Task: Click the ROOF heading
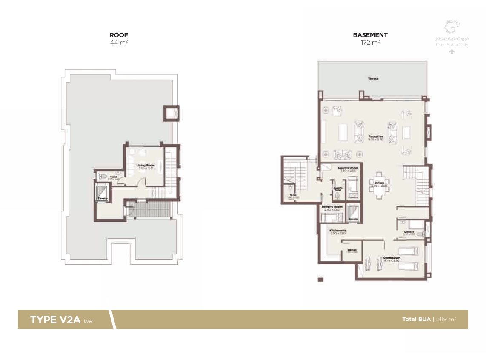[119, 35]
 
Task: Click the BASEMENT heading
[370, 35]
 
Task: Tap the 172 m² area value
[370, 43]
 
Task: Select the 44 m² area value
[119, 43]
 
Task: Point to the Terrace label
[373, 79]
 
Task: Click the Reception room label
[376, 137]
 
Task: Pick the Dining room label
[379, 183]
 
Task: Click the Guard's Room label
[348, 168]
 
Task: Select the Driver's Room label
[332, 207]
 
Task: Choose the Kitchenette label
[337, 231]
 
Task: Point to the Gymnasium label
[391, 257]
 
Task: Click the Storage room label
[352, 250]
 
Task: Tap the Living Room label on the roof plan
[145, 165]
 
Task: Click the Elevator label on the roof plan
[103, 198]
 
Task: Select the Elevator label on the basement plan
[353, 219]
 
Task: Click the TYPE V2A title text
[55, 320]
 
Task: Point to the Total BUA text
[417, 319]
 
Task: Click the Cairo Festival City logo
[452, 34]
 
